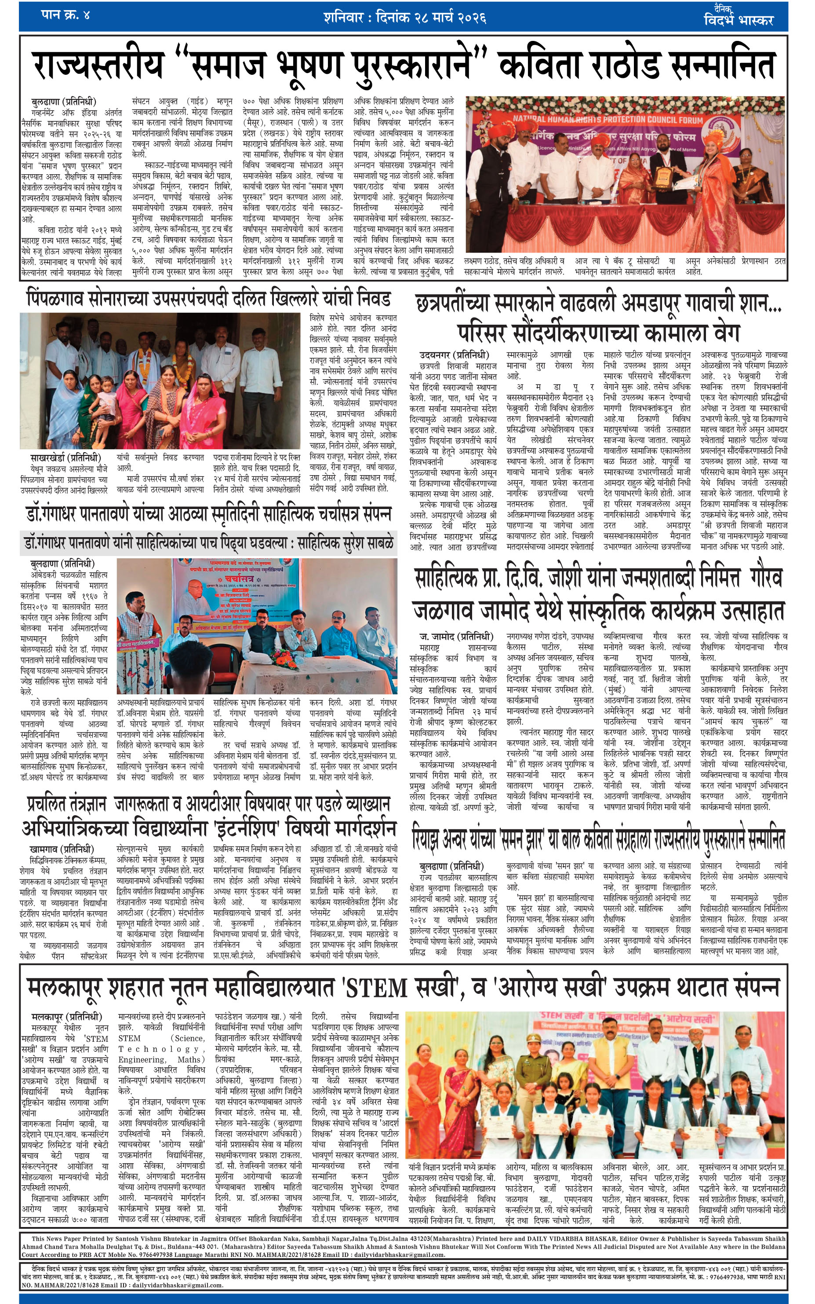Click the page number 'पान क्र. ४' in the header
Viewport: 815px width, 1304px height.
point(65,15)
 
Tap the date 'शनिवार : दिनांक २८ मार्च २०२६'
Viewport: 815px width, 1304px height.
point(405,17)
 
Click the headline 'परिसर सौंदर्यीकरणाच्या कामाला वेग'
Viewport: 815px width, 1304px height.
point(598,333)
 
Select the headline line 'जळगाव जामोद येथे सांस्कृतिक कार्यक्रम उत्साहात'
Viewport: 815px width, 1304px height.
point(598,611)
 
